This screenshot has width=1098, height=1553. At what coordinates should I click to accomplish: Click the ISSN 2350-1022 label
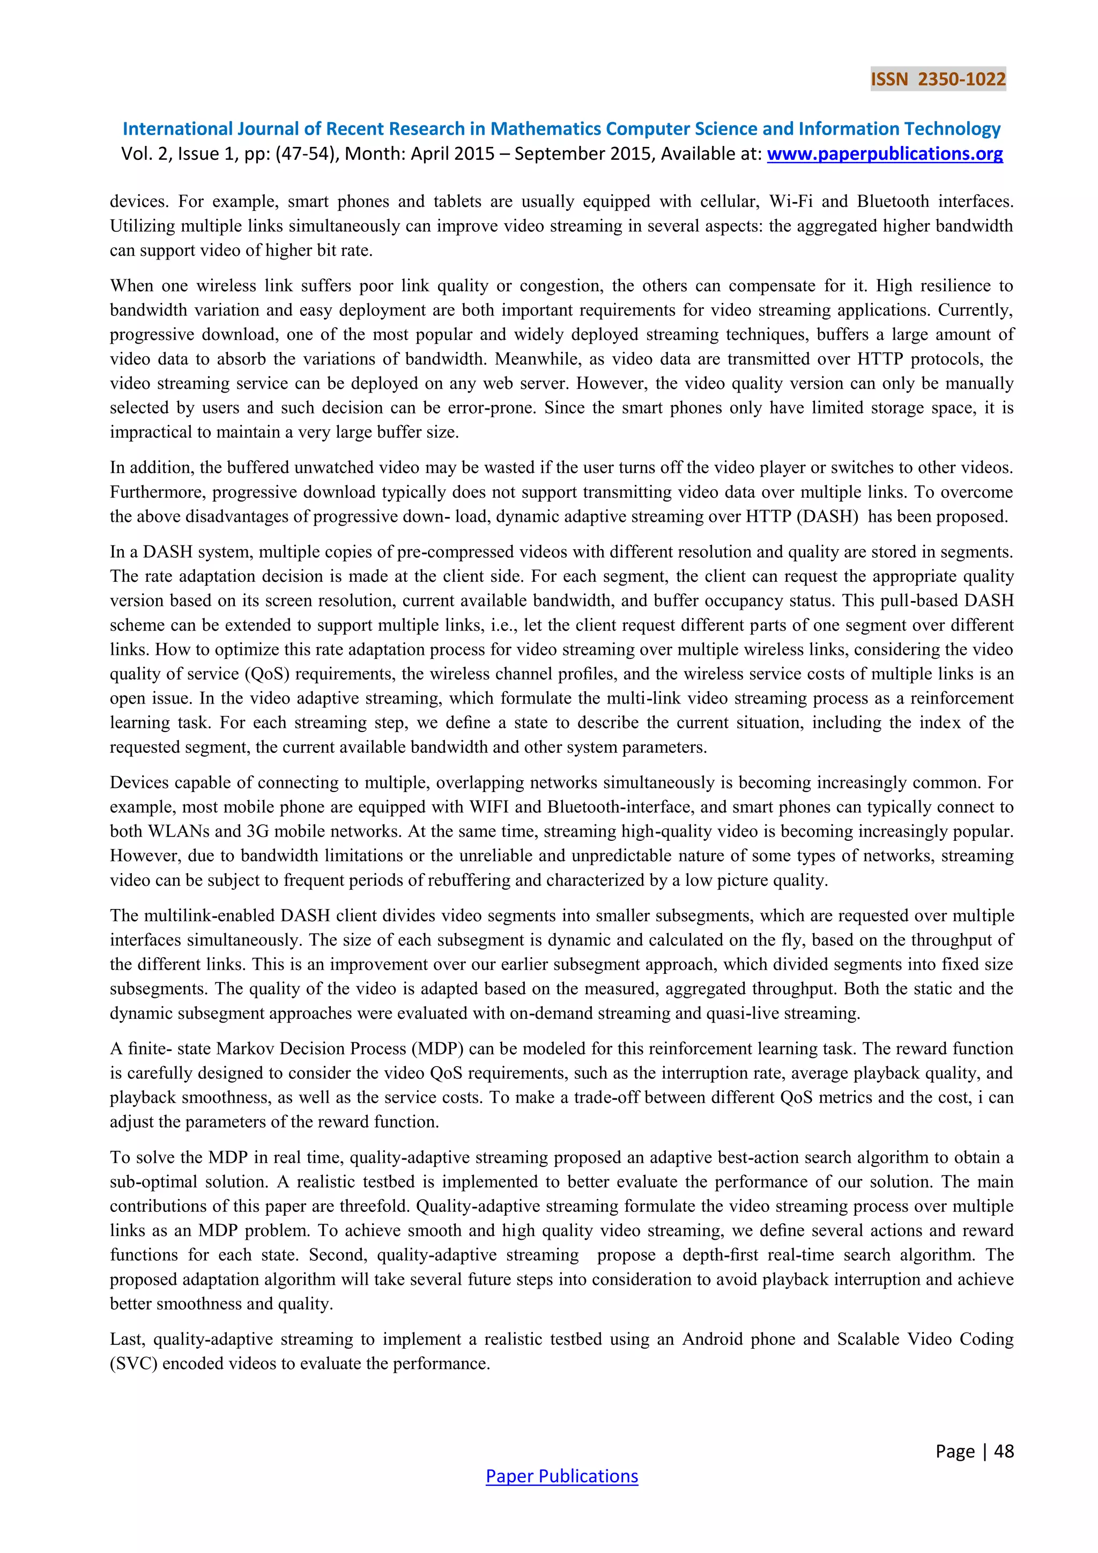pyautogui.click(x=938, y=79)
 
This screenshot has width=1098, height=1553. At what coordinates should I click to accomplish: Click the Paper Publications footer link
pyautogui.click(x=561, y=1476)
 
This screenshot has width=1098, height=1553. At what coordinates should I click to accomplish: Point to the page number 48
pyautogui.click(x=1004, y=1451)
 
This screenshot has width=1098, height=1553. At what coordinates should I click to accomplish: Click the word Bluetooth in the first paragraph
pyautogui.click(x=893, y=202)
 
